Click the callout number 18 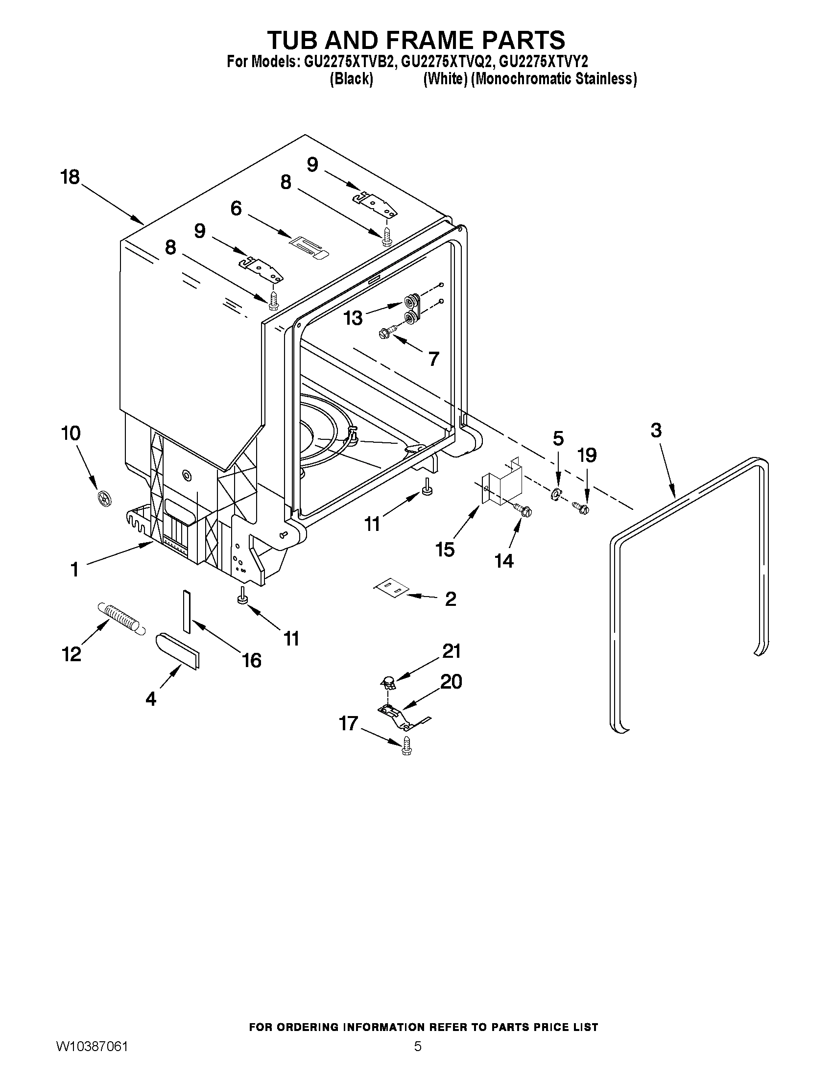coord(70,177)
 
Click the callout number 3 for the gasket coord(656,431)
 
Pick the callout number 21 coord(451,651)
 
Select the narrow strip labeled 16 coord(186,611)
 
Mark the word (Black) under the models coord(351,79)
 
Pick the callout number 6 coord(237,209)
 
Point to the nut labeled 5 coord(555,493)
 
